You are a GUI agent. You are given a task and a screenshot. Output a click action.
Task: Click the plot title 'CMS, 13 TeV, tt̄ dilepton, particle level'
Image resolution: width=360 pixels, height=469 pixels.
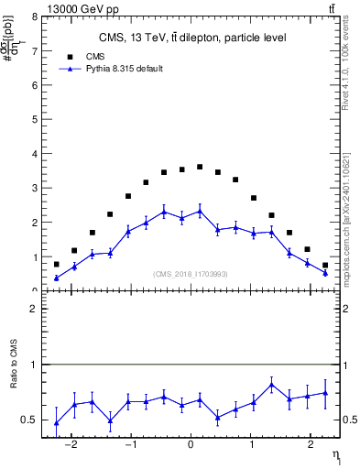191,38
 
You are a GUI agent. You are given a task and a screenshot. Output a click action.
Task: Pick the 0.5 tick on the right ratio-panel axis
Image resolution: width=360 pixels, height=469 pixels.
349,420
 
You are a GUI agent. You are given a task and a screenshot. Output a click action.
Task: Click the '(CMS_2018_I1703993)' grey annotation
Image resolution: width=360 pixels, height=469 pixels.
191,274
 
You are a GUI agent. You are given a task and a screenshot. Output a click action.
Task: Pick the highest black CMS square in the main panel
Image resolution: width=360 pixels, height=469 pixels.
200,167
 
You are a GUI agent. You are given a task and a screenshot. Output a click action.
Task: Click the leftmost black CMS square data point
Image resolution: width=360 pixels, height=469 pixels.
56,264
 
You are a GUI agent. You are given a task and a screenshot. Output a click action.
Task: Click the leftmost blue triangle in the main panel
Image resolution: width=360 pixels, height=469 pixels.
56,278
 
